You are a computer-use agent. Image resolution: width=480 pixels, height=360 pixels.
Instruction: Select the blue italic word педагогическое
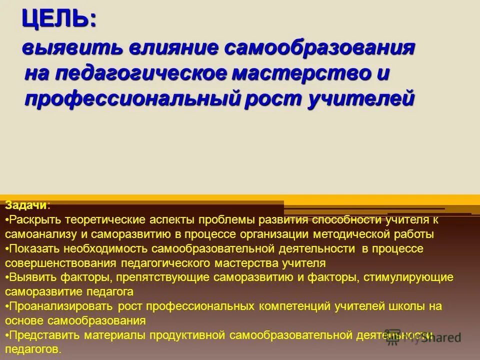[x=134, y=74]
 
